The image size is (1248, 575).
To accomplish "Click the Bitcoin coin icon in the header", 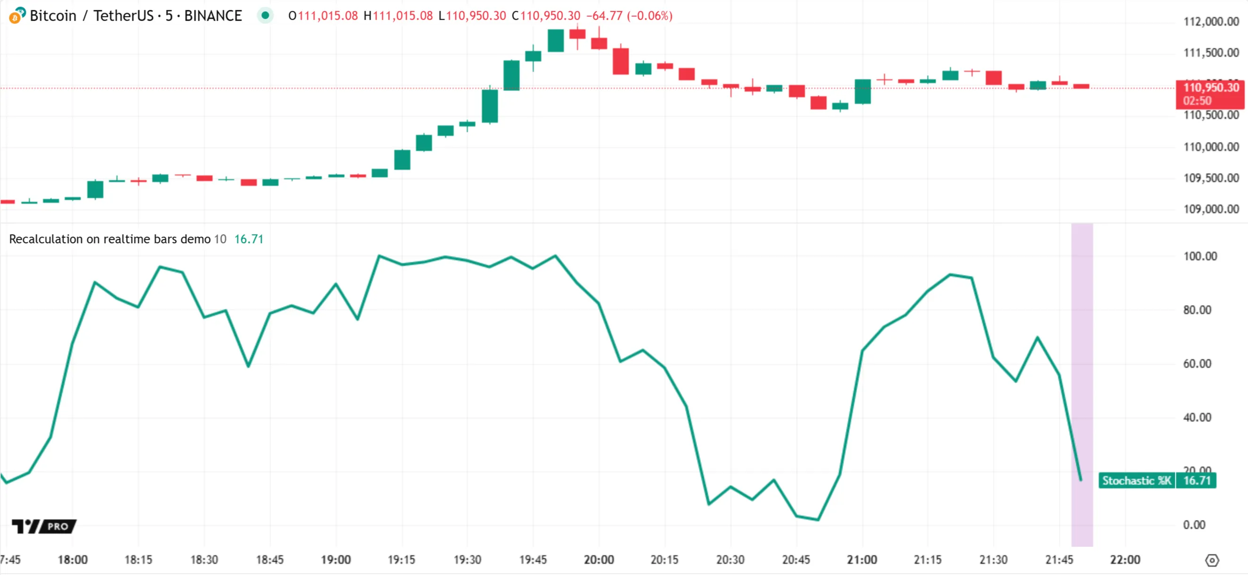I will pos(16,16).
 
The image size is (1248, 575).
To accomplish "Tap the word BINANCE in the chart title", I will pos(213,16).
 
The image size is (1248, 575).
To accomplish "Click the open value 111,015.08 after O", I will pos(327,16).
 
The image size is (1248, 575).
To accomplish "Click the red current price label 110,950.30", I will pos(1210,88).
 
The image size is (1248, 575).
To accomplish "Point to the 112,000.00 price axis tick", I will pos(1211,21).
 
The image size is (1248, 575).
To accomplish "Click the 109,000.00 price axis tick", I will pos(1211,209).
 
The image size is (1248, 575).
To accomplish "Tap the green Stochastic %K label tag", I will pos(1136,480).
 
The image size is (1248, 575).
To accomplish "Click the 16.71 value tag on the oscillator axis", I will pos(1196,480).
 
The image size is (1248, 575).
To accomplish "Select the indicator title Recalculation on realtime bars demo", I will pos(109,239).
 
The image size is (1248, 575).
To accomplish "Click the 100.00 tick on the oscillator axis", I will pos(1199,256).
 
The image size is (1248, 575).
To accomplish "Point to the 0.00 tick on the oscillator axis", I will pos(1194,525).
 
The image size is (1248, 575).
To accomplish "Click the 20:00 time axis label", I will pos(599,559).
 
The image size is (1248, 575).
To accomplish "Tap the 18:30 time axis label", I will pos(204,559).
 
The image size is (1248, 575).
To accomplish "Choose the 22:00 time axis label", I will pos(1125,559).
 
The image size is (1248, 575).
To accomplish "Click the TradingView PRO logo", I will pos(44,526).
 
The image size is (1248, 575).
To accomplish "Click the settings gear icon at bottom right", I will pos(1212,560).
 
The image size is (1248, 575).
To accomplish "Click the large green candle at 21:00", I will pos(862,91).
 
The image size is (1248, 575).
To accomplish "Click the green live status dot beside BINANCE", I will pos(265,16).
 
